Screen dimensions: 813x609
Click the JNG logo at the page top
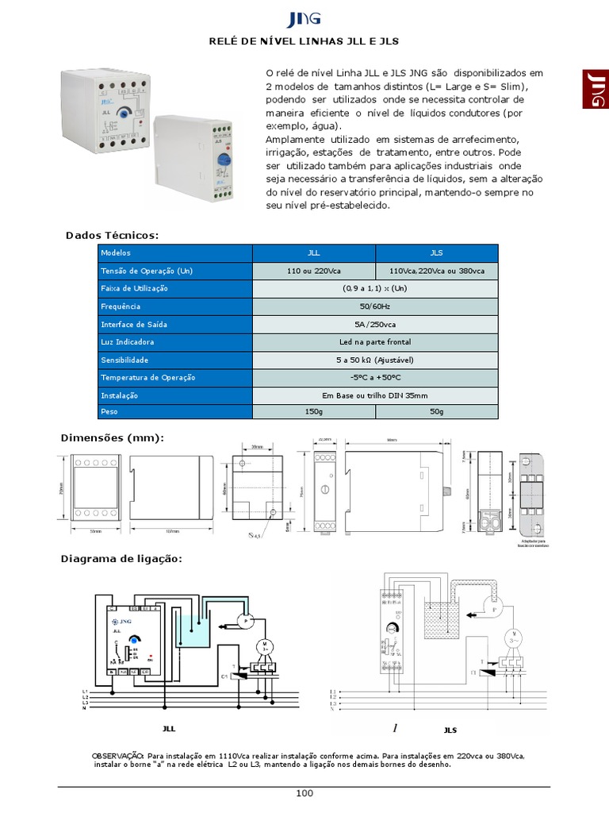point(304,19)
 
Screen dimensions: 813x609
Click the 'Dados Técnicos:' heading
point(113,235)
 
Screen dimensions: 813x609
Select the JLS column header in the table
point(437,252)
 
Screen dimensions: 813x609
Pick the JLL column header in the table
point(314,252)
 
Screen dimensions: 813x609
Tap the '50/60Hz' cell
point(375,306)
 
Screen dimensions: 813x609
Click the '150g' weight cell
point(314,412)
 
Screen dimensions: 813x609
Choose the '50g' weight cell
point(437,412)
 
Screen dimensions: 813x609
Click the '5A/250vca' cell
point(375,324)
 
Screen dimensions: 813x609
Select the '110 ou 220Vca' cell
point(314,271)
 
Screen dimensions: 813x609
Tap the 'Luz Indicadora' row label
point(128,341)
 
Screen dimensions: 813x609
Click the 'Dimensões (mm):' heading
point(112,437)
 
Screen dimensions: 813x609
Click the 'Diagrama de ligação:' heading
point(121,559)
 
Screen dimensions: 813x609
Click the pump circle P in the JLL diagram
point(245,618)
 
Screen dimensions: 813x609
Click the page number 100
point(304,793)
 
